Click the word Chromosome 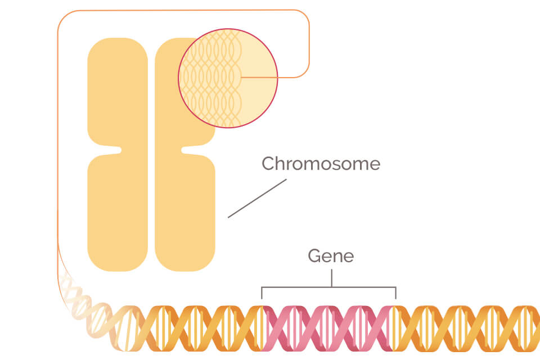coord(321,164)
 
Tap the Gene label coord(331,256)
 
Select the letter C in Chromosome coord(269,164)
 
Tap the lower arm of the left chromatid coord(117,214)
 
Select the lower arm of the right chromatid coord(186,214)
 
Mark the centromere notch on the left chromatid coord(117,150)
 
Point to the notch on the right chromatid coord(186,150)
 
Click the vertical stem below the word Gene coord(332,278)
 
